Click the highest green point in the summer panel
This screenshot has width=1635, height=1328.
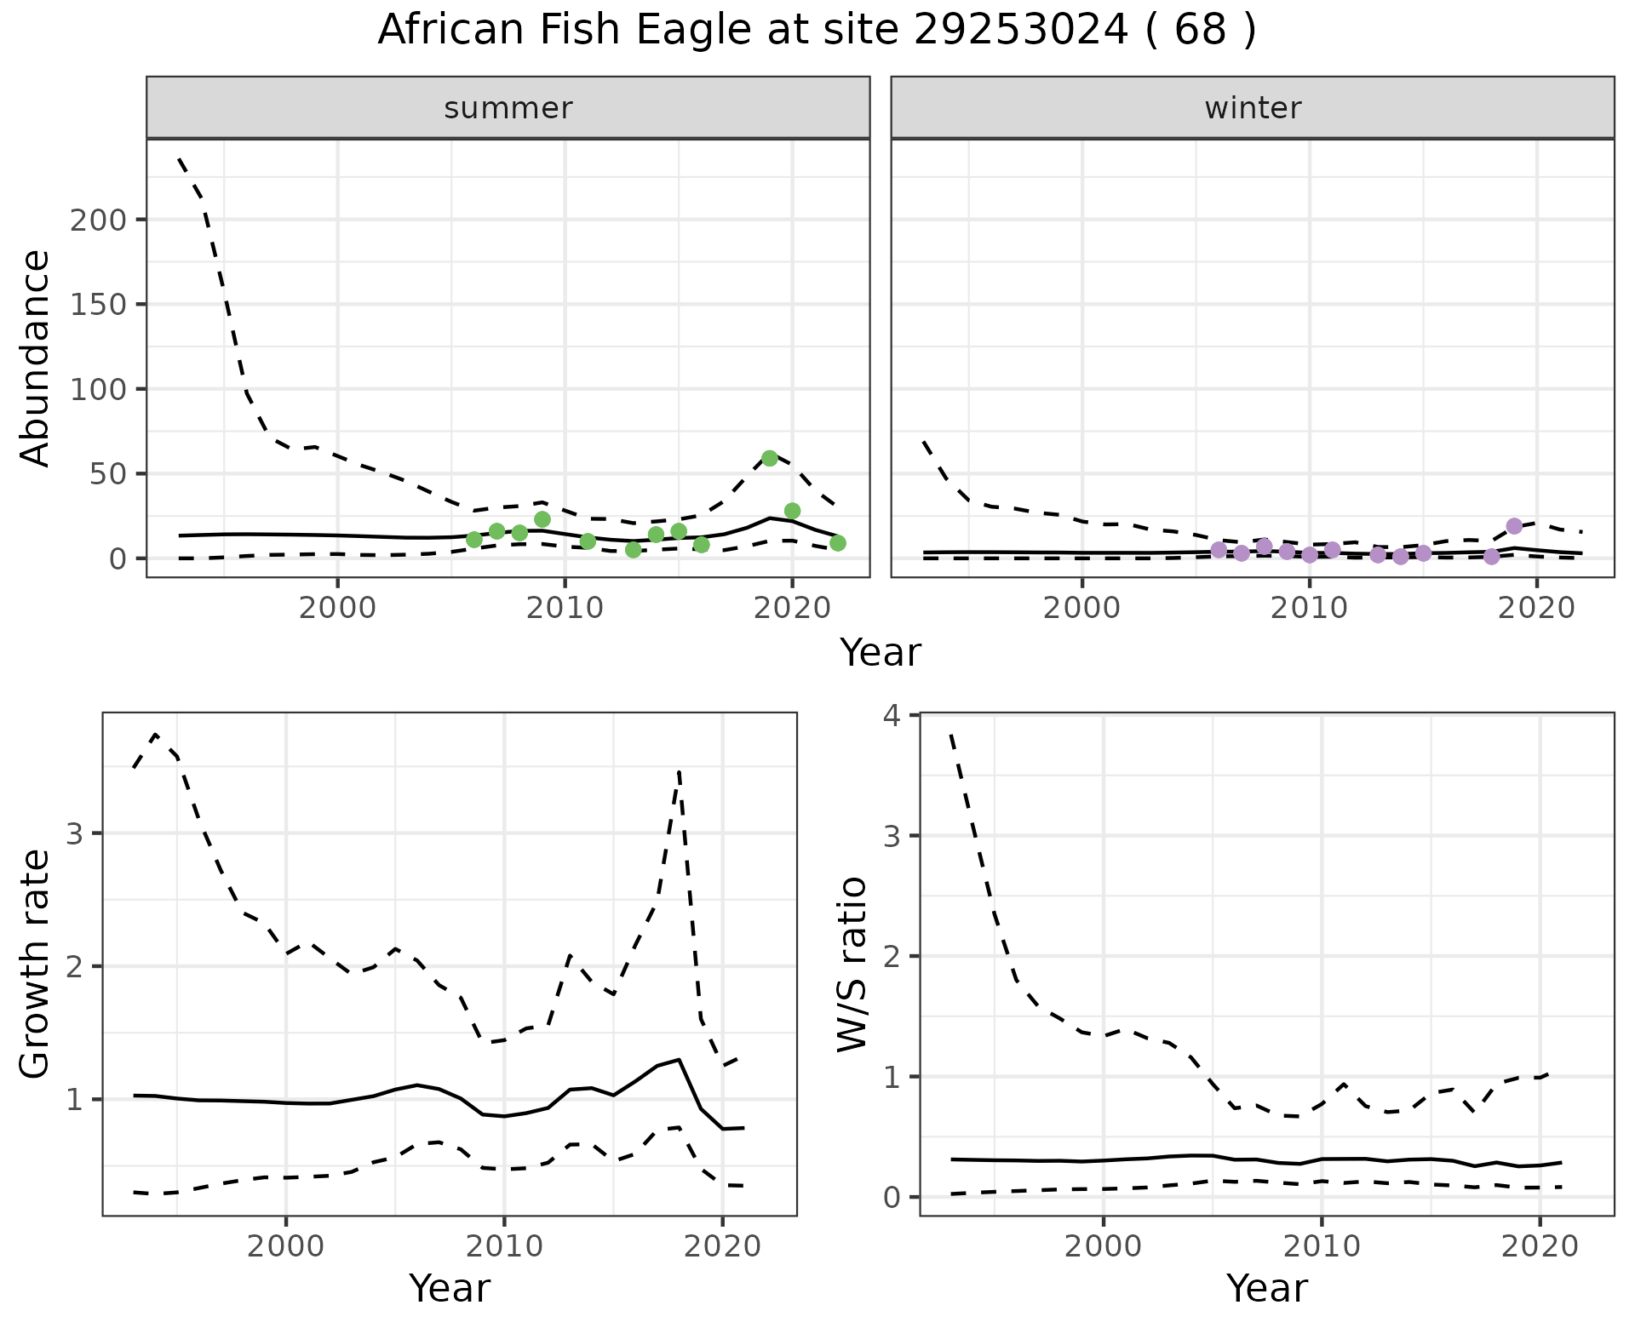(x=770, y=458)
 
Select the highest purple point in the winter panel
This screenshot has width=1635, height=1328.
(x=1514, y=526)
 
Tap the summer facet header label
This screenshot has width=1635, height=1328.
(x=508, y=108)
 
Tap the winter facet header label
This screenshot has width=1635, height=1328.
(x=1253, y=108)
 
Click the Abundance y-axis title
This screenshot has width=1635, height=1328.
(x=36, y=358)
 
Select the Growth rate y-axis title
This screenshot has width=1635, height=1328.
(x=36, y=964)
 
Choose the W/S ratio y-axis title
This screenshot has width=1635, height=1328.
(x=852, y=964)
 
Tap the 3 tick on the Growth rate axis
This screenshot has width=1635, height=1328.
(x=74, y=834)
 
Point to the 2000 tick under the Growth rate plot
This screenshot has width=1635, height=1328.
(x=286, y=1247)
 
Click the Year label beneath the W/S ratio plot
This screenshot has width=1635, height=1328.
(x=1267, y=1288)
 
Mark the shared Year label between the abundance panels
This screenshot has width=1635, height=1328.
(x=881, y=653)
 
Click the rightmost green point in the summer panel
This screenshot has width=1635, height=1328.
(x=838, y=543)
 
